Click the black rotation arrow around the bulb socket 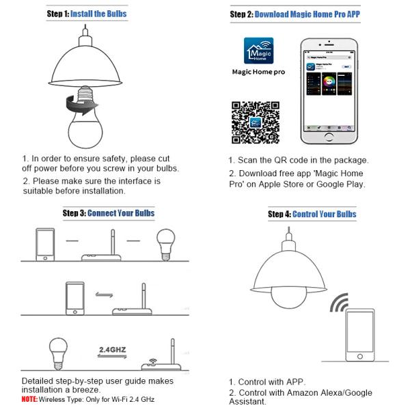click(x=78, y=105)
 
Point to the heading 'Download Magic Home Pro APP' click(x=303, y=14)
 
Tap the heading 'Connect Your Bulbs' click(x=121, y=213)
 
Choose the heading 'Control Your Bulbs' click(x=323, y=214)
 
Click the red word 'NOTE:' click(x=29, y=398)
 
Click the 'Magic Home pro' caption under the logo click(x=259, y=72)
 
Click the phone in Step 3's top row click(x=44, y=244)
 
